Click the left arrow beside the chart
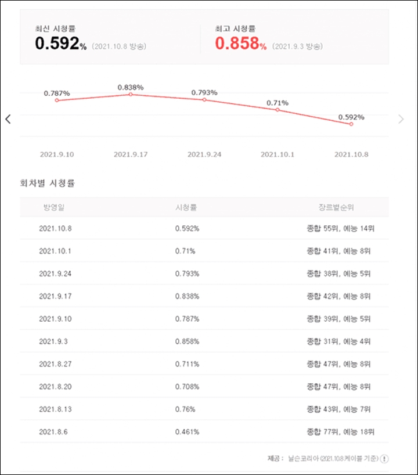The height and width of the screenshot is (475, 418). [x=8, y=119]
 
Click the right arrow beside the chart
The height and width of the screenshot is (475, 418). [x=401, y=119]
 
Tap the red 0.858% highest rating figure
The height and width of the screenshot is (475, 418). [x=241, y=43]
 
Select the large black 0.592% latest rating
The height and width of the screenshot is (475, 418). [x=60, y=43]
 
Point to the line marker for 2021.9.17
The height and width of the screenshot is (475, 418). [x=131, y=95]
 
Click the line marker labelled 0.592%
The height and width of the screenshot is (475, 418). [x=351, y=124]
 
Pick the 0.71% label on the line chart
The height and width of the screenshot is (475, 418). [x=278, y=103]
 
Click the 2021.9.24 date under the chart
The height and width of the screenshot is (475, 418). [x=204, y=154]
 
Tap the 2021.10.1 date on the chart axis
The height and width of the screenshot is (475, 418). [x=278, y=154]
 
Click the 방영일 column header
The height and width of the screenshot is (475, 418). [x=54, y=207]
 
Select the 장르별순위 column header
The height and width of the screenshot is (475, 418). [x=336, y=207]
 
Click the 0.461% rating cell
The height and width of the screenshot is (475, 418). [x=187, y=431]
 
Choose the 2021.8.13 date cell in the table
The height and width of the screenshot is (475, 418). [x=55, y=409]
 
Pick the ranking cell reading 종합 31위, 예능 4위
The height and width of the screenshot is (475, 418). [x=338, y=341]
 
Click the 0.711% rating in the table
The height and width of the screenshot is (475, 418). [x=187, y=364]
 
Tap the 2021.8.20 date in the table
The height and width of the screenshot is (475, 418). [x=55, y=387]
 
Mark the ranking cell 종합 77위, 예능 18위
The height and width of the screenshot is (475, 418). [x=340, y=431]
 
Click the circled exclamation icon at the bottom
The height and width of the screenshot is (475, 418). [x=384, y=459]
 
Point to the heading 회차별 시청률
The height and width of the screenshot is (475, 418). [x=47, y=183]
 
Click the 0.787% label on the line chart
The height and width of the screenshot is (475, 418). [x=57, y=93]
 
